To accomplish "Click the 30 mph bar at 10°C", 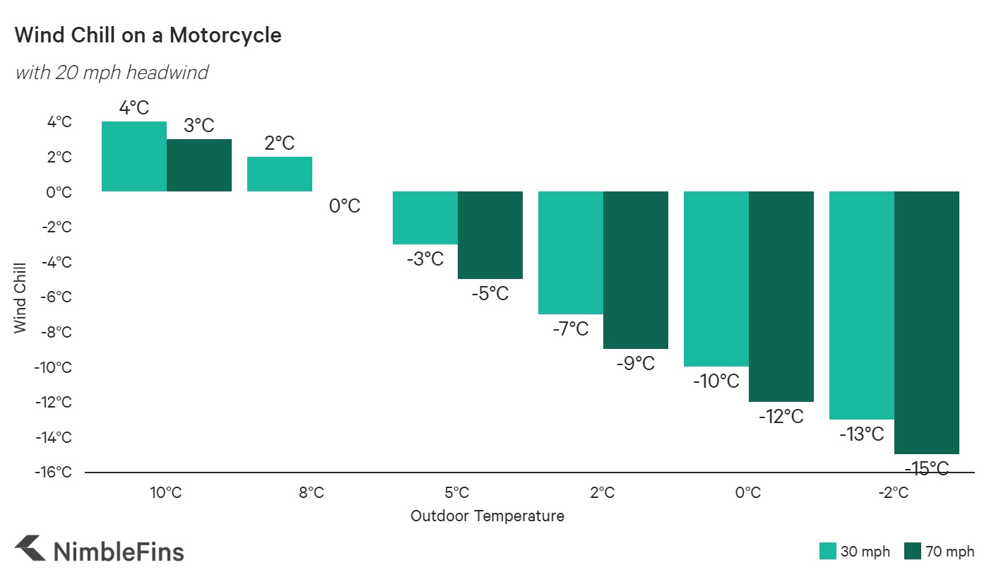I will pyautogui.click(x=134, y=156).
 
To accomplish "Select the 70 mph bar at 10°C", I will pyautogui.click(x=199, y=165).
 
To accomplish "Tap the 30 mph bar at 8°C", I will pyautogui.click(x=280, y=174).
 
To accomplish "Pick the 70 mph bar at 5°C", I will pyautogui.click(x=490, y=235).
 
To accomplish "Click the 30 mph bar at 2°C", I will pyautogui.click(x=571, y=253).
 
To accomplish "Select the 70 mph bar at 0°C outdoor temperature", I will pyautogui.click(x=781, y=297).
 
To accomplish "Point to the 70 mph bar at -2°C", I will pyautogui.click(x=927, y=323).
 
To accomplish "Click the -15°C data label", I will pyautogui.click(x=926, y=468).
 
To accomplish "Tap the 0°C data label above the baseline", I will pyautogui.click(x=345, y=206).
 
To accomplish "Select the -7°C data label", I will pyautogui.click(x=571, y=328).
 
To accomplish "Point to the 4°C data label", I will pyautogui.click(x=134, y=108).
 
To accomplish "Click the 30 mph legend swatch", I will pyautogui.click(x=827, y=552).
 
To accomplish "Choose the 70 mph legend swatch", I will pyautogui.click(x=912, y=552).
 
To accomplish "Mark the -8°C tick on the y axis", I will pyautogui.click(x=55, y=332).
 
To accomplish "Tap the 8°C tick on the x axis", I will pyautogui.click(x=312, y=492).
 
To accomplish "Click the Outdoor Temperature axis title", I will pyautogui.click(x=487, y=516).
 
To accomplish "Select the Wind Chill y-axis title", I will pyautogui.click(x=20, y=297).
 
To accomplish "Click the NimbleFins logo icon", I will pyautogui.click(x=30, y=550).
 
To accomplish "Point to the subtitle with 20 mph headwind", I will pyautogui.click(x=112, y=72).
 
